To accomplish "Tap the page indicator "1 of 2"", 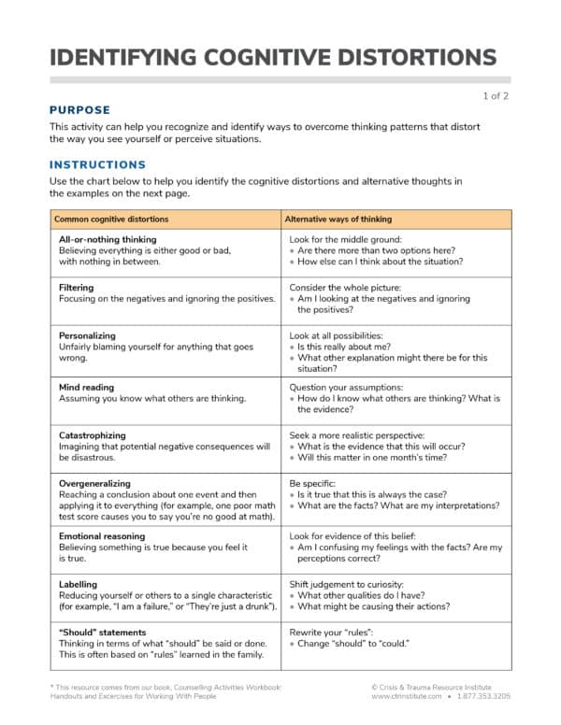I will [x=496, y=95].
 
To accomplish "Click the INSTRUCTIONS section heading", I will [x=97, y=164].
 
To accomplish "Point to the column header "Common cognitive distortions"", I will [x=111, y=220].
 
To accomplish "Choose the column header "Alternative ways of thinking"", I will [x=338, y=220].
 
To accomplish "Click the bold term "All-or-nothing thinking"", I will [x=108, y=239].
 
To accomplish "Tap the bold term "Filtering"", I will [x=76, y=288].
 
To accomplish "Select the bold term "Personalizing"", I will [x=87, y=334].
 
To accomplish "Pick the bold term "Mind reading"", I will [x=86, y=387].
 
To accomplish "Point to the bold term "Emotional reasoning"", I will [x=102, y=536].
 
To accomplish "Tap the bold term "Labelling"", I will [x=79, y=585].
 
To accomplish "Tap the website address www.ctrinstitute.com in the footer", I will [x=406, y=696].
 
